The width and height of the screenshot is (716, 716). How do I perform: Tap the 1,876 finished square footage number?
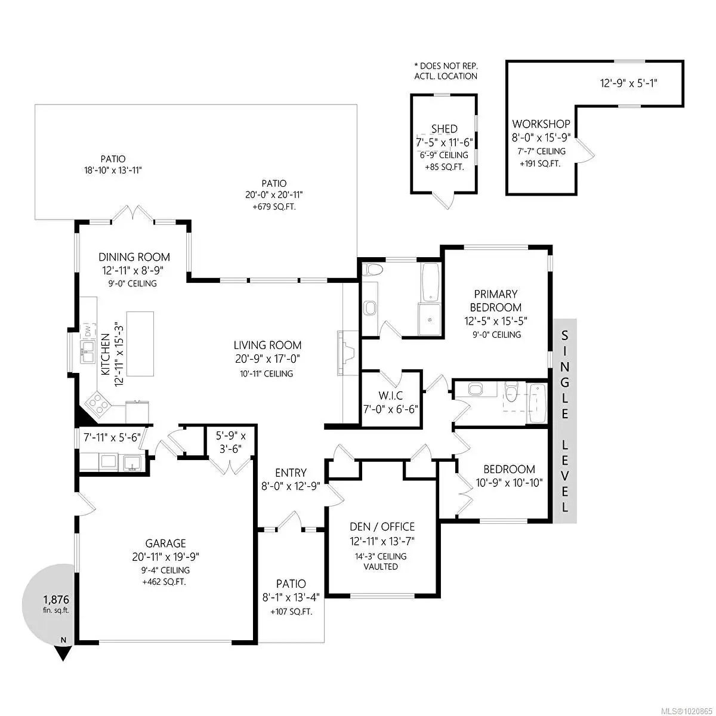[56, 599]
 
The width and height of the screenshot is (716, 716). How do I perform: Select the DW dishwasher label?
[88, 329]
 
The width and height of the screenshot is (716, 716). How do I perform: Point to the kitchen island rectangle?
[140, 344]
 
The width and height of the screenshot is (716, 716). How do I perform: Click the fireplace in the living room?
[346, 353]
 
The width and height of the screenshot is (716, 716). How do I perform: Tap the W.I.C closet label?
[390, 395]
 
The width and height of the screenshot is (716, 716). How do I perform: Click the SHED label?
[444, 129]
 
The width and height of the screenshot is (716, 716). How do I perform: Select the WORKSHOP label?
[541, 124]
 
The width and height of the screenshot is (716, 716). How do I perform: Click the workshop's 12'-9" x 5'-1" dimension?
[629, 83]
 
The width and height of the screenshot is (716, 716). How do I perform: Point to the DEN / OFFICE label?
[382, 526]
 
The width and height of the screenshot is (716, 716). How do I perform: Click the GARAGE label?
[165, 543]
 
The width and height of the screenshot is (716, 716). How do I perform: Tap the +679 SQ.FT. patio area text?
[274, 207]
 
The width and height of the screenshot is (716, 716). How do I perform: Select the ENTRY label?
[291, 473]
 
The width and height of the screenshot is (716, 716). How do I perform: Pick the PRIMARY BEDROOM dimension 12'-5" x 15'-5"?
[496, 320]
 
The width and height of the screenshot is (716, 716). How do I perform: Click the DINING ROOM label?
[134, 257]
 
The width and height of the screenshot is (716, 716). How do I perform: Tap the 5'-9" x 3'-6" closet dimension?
[231, 442]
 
